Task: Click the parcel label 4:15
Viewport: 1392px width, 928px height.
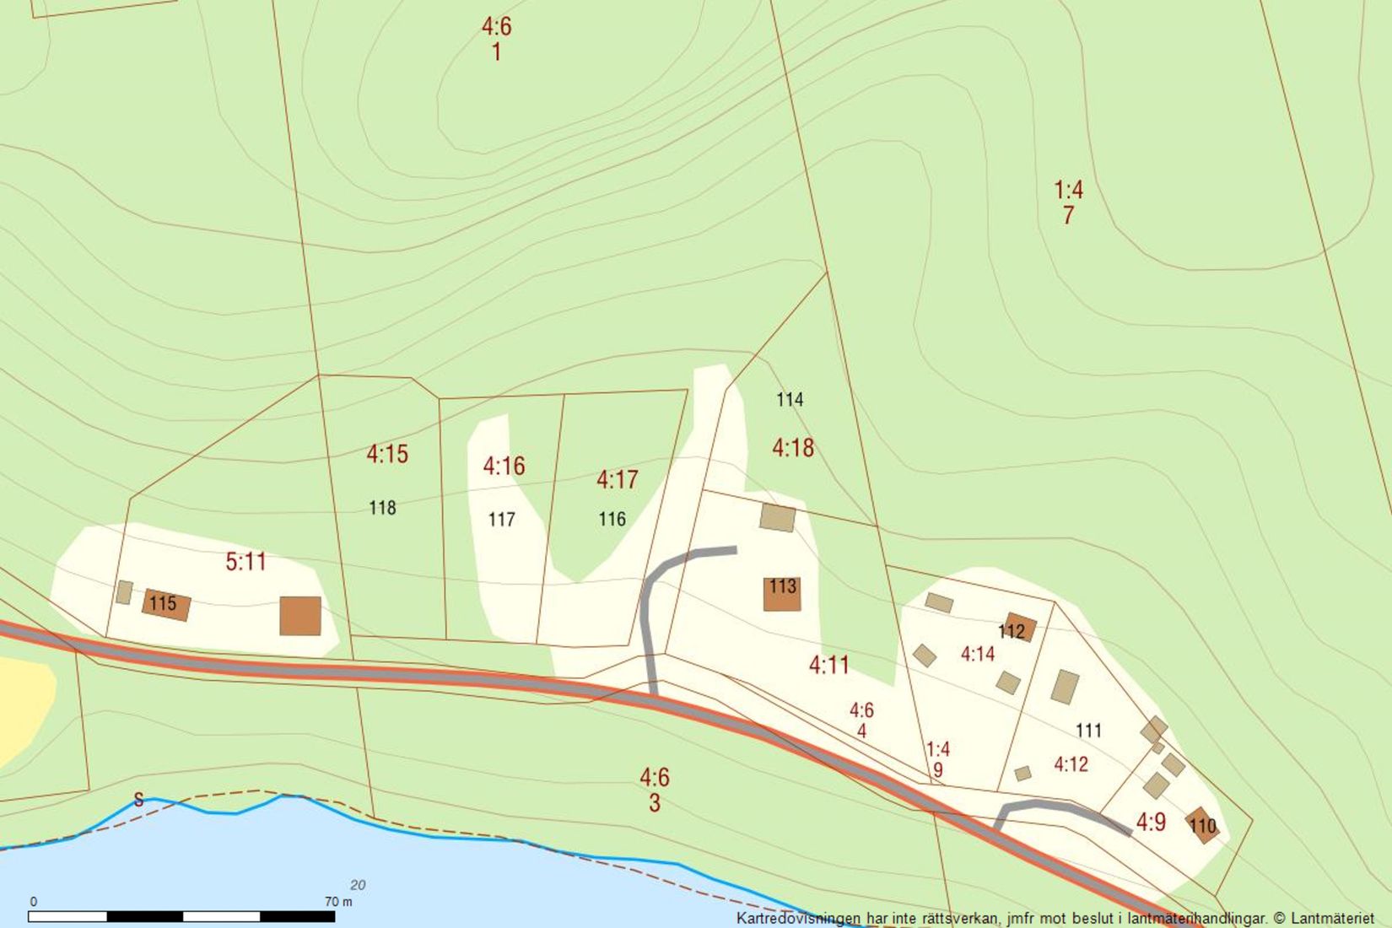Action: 387,454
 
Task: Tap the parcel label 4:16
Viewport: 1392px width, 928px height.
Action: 504,466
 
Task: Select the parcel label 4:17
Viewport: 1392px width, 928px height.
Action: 617,480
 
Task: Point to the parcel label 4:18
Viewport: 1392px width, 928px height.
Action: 793,448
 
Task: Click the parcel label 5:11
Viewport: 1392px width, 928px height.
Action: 245,562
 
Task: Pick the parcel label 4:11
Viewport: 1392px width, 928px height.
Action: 828,666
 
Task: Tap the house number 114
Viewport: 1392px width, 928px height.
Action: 790,400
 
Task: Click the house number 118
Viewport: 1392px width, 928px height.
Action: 382,508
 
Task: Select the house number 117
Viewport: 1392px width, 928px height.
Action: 501,520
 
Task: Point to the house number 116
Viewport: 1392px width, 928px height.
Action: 612,519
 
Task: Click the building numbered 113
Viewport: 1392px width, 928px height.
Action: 782,593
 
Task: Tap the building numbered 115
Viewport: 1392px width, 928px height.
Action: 165,605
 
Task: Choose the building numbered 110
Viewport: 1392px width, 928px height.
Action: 1202,824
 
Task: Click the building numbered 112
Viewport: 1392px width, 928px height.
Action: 1018,628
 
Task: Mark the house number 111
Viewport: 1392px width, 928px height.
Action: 1088,731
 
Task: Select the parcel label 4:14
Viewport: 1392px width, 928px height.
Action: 977,654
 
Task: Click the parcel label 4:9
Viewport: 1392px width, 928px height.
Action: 1151,822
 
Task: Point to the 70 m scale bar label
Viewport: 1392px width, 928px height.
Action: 338,902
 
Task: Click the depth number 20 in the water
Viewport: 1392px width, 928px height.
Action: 358,885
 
